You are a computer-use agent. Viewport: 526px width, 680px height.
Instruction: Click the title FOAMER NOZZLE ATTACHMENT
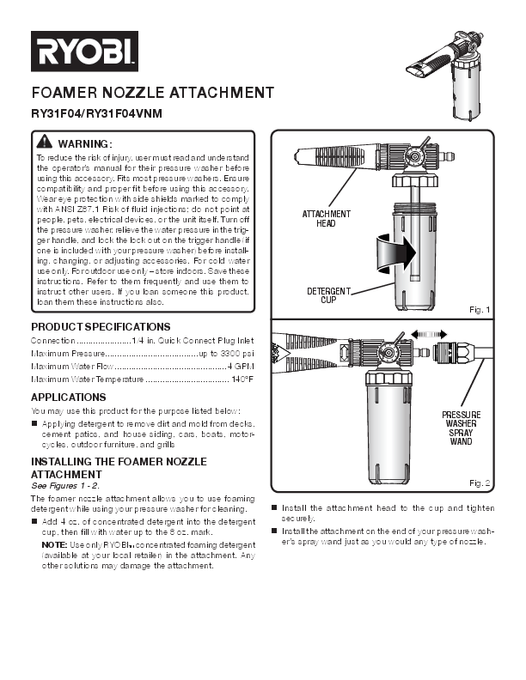[x=152, y=93]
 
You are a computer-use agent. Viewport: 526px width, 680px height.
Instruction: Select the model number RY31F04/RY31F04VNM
[x=96, y=113]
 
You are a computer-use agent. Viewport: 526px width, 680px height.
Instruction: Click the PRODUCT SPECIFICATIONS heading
[x=101, y=327]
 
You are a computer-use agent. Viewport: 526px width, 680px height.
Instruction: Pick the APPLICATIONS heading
[x=69, y=398]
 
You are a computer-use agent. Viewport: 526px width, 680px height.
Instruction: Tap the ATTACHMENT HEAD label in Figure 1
[x=327, y=218]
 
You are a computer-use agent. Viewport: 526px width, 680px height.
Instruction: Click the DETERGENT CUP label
[x=328, y=295]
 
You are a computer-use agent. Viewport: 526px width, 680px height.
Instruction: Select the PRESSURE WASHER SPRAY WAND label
[x=461, y=433]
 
